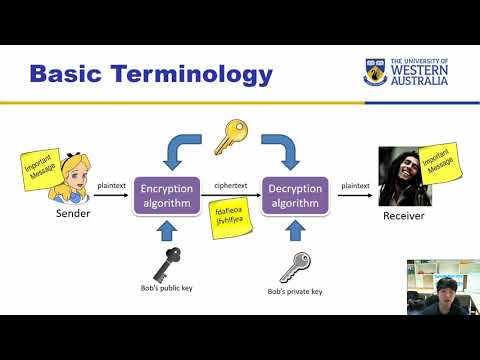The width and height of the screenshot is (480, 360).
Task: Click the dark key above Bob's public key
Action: pyautogui.click(x=166, y=265)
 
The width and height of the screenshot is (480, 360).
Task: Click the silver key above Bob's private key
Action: pyautogui.click(x=295, y=265)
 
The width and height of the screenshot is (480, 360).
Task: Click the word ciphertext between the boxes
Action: pyautogui.click(x=230, y=186)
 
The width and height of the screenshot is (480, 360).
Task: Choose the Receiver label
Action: pyautogui.click(x=405, y=215)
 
